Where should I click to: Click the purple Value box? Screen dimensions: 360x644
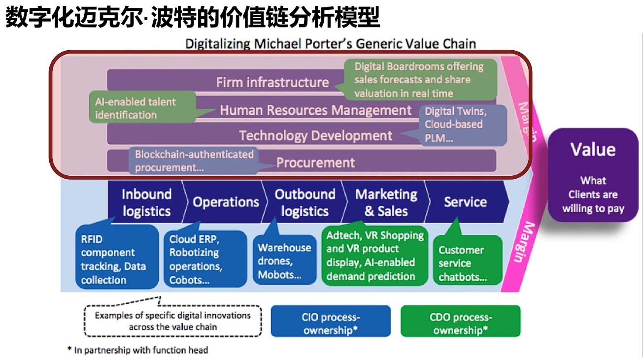click(x=593, y=175)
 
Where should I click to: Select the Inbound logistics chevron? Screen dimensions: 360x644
click(x=146, y=202)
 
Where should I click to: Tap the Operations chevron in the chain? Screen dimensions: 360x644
click(x=226, y=202)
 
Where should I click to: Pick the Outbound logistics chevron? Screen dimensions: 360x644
click(x=305, y=202)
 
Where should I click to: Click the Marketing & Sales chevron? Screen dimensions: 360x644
click(x=386, y=202)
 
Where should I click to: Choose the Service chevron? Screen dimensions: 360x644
click(x=465, y=202)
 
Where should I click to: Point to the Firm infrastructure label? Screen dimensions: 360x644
click(x=272, y=82)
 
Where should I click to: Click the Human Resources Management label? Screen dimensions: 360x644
click(x=315, y=110)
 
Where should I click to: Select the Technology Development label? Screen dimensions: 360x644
click(x=315, y=135)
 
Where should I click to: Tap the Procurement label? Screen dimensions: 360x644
click(x=315, y=163)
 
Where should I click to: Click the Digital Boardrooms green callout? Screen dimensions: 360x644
click(x=418, y=80)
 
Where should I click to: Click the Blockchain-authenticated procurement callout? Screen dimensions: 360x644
click(x=194, y=161)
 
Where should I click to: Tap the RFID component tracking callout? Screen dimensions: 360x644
click(x=117, y=259)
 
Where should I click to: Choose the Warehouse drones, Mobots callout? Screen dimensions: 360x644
click(x=284, y=261)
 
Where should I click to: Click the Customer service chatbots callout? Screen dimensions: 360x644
click(x=467, y=262)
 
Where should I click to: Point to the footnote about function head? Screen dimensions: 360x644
click(x=138, y=350)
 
